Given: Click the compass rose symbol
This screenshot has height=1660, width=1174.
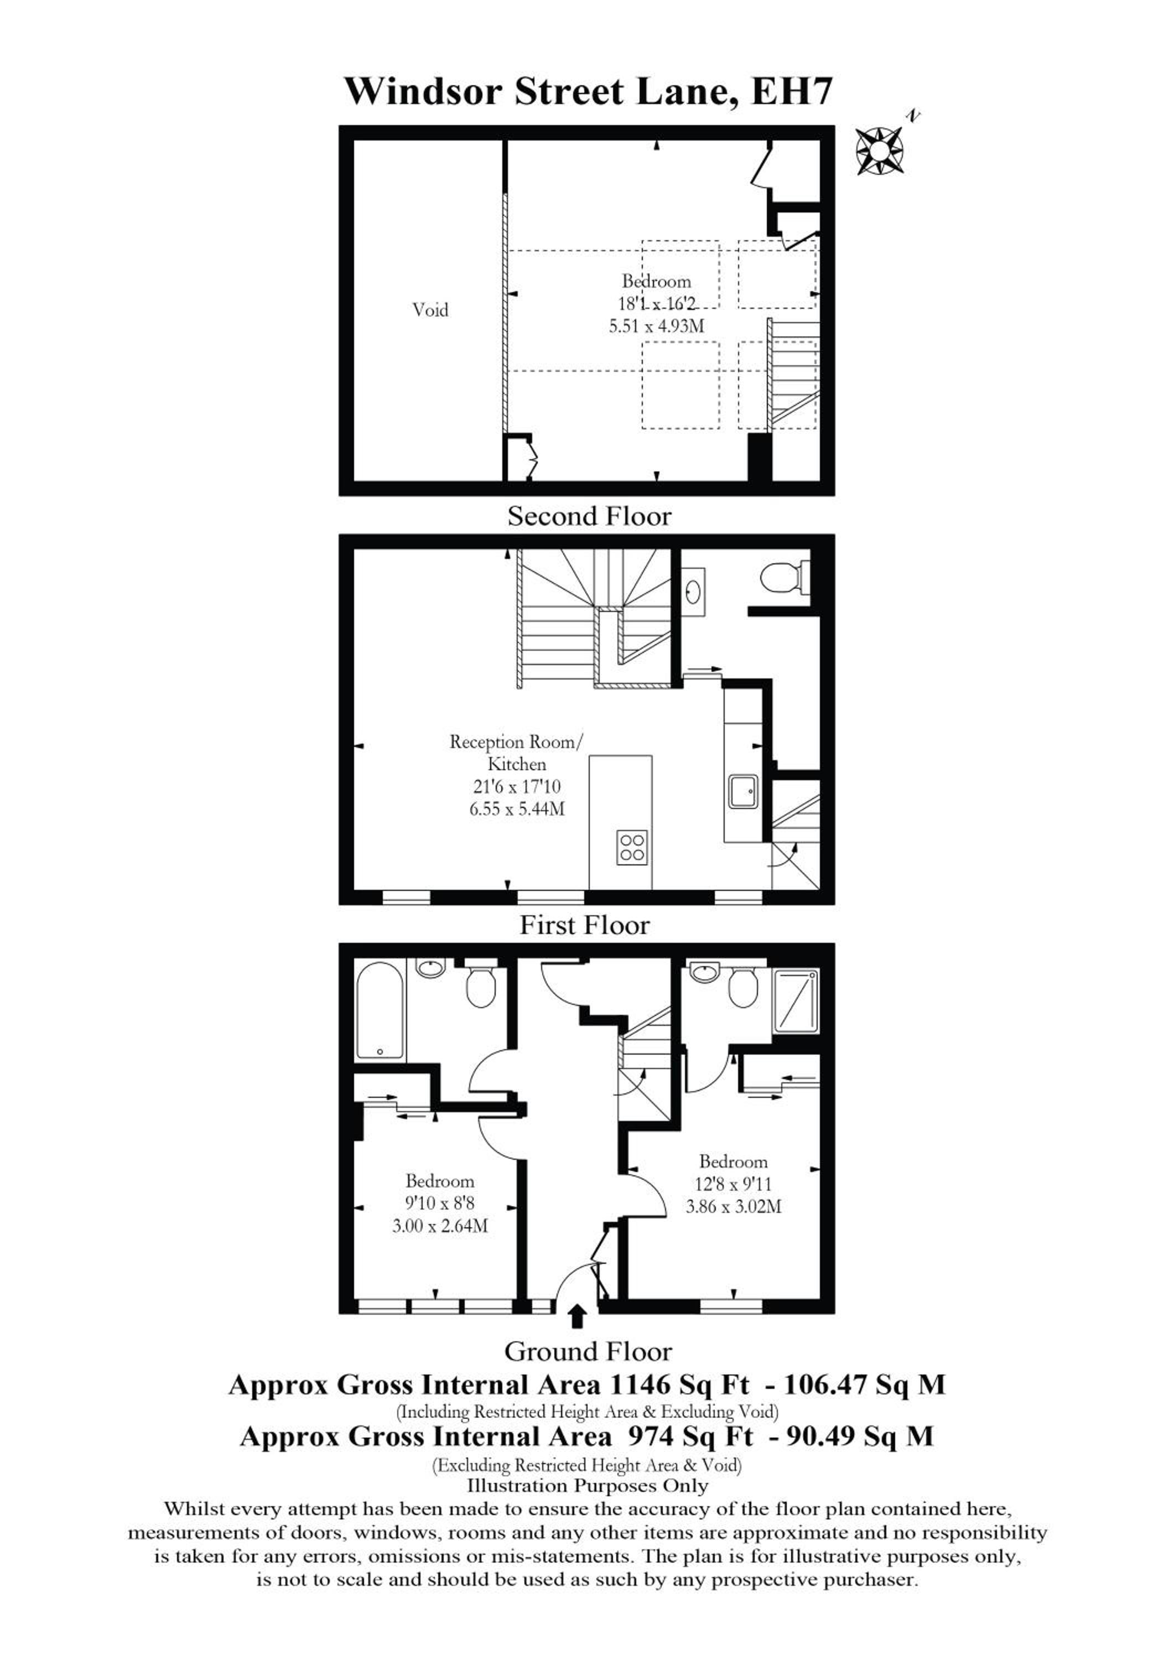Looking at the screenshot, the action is [x=880, y=151].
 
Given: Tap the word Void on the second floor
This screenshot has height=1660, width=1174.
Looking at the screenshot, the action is [x=430, y=310].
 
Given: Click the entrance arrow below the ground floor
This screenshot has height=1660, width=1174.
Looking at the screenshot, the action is [x=577, y=1316].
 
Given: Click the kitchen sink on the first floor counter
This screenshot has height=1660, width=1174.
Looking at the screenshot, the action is [x=743, y=792].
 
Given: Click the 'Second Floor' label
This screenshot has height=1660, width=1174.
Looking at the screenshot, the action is [x=589, y=516].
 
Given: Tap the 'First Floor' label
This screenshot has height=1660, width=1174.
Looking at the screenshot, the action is [x=585, y=925].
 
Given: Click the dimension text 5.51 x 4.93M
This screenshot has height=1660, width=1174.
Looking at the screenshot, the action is [x=656, y=325].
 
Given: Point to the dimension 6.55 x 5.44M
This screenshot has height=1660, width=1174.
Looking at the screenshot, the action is [x=517, y=808].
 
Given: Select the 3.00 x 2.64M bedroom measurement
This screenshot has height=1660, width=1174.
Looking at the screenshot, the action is [x=439, y=1226].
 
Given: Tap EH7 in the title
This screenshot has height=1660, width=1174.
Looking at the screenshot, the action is [x=793, y=92].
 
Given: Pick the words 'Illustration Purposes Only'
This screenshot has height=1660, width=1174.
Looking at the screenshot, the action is [x=588, y=1486].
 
